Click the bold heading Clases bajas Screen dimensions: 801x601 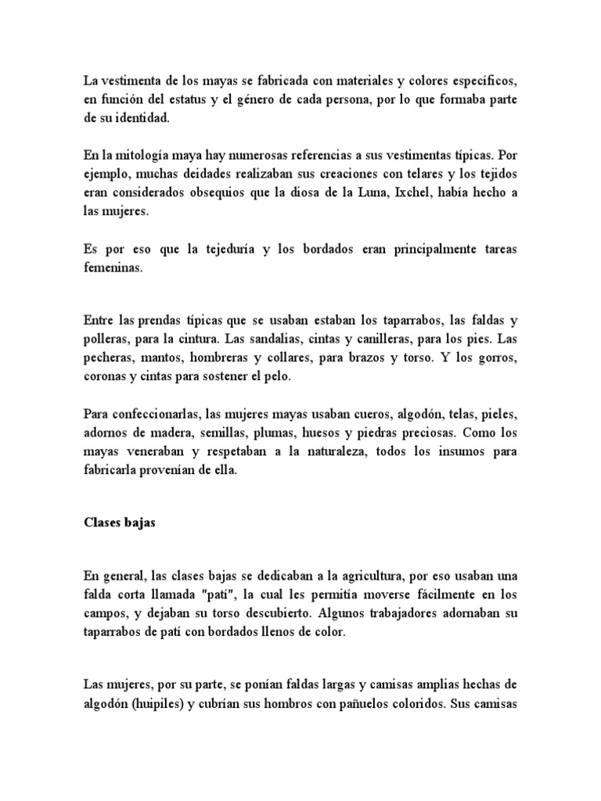pos(120,523)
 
